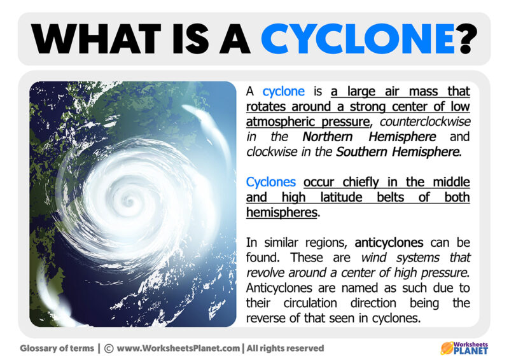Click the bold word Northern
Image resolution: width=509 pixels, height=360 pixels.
[335, 136]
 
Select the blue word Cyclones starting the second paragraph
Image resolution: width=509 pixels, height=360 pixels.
[272, 183]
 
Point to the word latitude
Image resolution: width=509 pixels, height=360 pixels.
[337, 198]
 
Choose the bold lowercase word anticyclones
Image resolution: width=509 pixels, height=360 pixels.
[389, 242]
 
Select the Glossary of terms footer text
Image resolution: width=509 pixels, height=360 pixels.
[57, 348]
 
